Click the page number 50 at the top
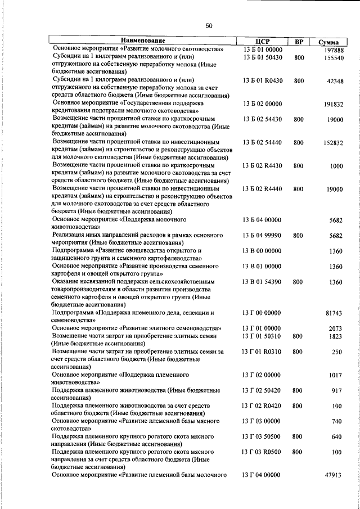click(x=209, y=25)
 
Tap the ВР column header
click(x=299, y=41)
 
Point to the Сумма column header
click(x=328, y=42)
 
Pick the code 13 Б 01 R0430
click(x=263, y=80)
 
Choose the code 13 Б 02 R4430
click(x=263, y=166)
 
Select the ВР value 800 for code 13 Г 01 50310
click(x=299, y=336)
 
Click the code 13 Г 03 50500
click(x=262, y=436)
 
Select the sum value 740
click(x=337, y=421)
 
